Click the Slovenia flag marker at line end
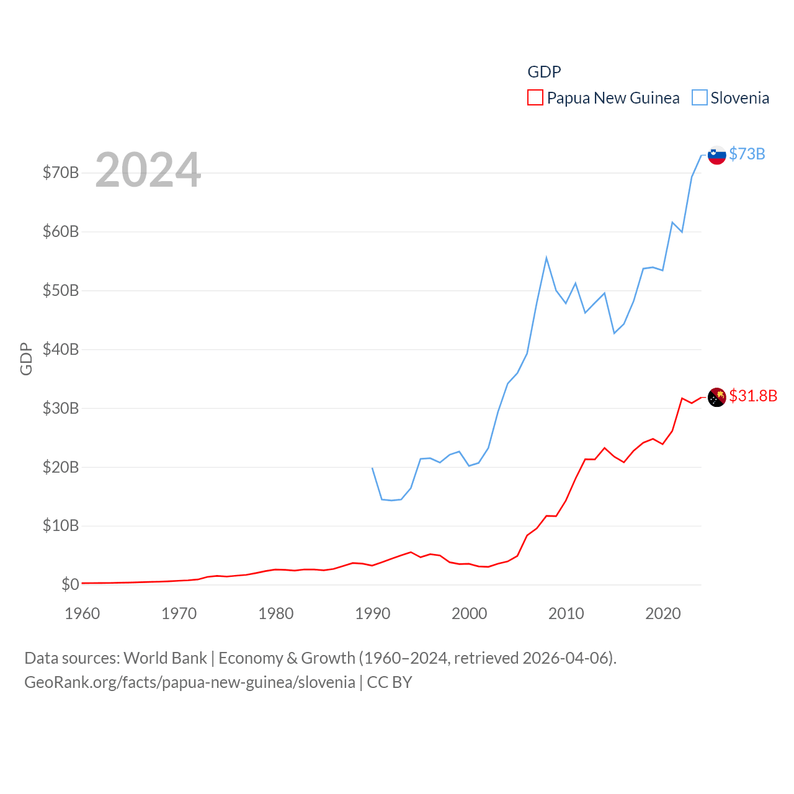[x=716, y=155]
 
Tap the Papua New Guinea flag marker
[x=716, y=397]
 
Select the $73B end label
[x=747, y=154]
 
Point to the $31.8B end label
[x=753, y=396]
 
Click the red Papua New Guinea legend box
[x=535, y=98]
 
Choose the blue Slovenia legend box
[x=699, y=98]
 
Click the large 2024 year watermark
[x=148, y=169]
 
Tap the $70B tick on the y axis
[x=61, y=172]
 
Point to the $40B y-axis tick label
[x=61, y=349]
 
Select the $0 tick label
[x=70, y=584]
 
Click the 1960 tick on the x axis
[x=83, y=613]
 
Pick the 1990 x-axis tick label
[x=373, y=613]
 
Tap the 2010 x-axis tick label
[x=566, y=613]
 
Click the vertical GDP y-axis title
[x=26, y=359]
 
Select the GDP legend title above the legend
[x=544, y=72]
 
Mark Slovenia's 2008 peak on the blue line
[x=546, y=258]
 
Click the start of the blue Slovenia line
[x=372, y=468]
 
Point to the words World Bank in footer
[x=166, y=658]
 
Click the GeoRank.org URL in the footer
[x=190, y=682]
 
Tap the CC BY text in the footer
[x=390, y=682]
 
